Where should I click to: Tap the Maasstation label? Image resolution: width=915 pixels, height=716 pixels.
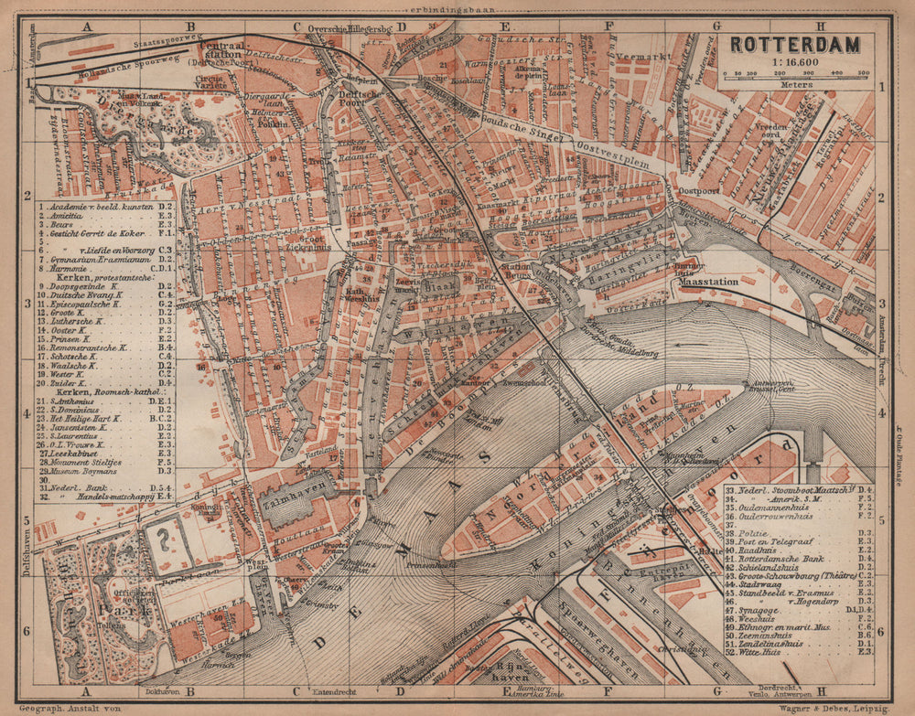point(708,283)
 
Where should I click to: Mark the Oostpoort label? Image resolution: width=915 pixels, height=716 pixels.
point(699,192)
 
